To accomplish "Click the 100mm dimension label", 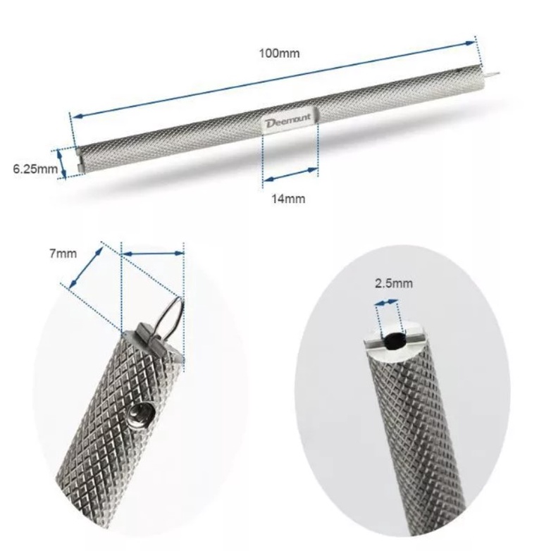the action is [279, 54].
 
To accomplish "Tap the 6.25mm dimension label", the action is [35, 169].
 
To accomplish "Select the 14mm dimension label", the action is [288, 199].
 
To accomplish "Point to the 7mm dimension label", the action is [63, 254].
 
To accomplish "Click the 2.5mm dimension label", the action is [394, 283].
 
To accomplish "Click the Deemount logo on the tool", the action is [288, 120].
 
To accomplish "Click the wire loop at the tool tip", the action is [170, 316].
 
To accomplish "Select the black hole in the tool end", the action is [395, 340].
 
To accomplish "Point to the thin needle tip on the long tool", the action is [491, 75].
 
